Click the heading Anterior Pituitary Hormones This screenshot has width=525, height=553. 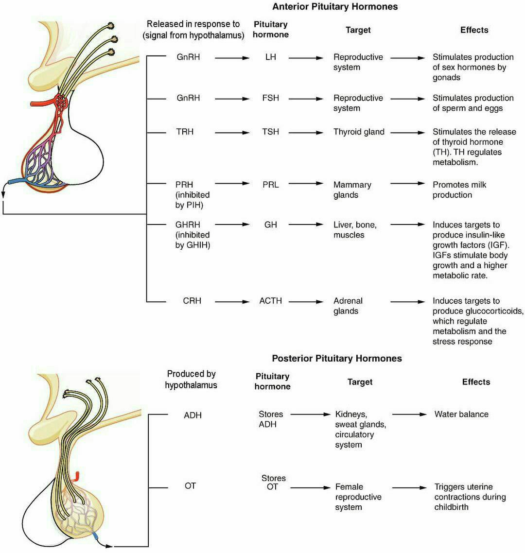point(335,7)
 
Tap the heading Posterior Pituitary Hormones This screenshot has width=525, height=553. point(337,359)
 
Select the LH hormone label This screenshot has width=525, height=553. point(270,57)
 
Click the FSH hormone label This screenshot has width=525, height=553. point(270,98)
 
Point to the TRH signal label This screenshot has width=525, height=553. point(185,132)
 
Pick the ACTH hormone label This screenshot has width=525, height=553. point(270,301)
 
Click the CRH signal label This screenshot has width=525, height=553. point(192,301)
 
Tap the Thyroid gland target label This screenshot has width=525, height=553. point(359,132)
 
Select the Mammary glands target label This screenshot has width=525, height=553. point(352,190)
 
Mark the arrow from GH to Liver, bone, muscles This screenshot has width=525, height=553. point(306,225)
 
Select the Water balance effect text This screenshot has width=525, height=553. point(461,415)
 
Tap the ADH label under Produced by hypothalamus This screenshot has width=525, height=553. point(192,415)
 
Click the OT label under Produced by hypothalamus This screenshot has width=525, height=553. point(190,486)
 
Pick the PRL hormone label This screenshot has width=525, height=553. point(270,185)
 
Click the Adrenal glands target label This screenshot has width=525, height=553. point(348,306)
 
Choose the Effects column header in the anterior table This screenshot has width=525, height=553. point(474,30)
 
